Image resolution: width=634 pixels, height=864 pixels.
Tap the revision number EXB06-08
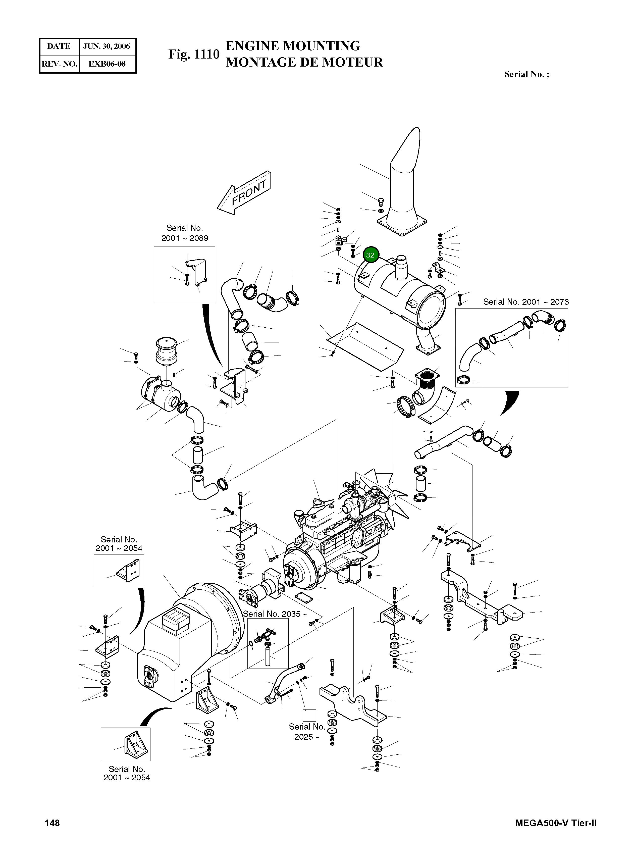coord(107,64)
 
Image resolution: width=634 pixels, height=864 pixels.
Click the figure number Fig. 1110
coord(194,55)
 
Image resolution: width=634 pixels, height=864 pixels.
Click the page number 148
coord(52,823)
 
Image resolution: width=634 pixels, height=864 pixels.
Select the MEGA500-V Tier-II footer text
coord(556,823)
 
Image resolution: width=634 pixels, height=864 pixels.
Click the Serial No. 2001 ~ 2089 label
coord(185,233)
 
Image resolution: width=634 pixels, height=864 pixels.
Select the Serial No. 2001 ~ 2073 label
coord(525,302)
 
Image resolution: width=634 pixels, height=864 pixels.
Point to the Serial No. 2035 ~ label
coord(275,614)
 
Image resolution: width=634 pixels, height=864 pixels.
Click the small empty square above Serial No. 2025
coord(309,715)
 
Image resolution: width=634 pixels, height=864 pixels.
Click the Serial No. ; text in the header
coord(526,74)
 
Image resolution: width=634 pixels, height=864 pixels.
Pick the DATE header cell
coord(59,46)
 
